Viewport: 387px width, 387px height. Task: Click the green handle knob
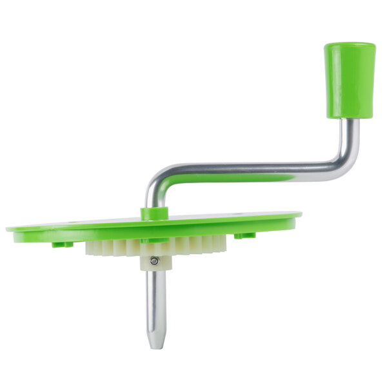pyautogui.click(x=350, y=81)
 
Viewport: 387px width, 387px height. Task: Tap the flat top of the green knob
pyautogui.click(x=350, y=46)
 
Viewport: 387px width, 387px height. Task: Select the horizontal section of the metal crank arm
pyautogui.click(x=252, y=168)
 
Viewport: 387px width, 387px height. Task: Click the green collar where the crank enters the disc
pyautogui.click(x=155, y=212)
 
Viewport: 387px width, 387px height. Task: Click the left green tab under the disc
pyautogui.click(x=63, y=244)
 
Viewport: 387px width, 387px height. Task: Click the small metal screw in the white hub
pyautogui.click(x=154, y=261)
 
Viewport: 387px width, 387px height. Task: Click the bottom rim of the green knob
pyautogui.click(x=350, y=116)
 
